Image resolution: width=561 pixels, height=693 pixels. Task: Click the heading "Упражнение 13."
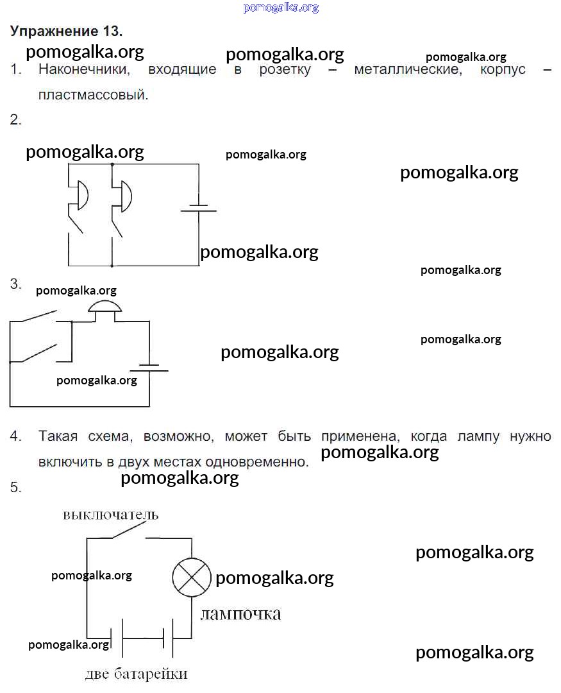(66, 31)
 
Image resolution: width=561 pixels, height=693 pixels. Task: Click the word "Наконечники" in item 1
(84, 69)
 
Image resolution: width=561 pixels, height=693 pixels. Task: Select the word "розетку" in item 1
(285, 70)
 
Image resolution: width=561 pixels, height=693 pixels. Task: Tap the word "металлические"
(408, 69)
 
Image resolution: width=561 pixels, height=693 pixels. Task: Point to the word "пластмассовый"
(93, 94)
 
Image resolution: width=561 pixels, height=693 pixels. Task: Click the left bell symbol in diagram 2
(82, 194)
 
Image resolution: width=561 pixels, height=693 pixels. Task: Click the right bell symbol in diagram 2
(126, 196)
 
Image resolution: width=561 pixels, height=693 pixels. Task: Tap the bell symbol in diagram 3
(105, 307)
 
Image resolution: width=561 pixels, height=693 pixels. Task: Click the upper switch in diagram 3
(39, 316)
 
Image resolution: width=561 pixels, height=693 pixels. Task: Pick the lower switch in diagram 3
(39, 354)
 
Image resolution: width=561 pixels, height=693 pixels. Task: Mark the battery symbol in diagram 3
(149, 368)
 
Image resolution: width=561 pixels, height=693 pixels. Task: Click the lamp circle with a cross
(191, 577)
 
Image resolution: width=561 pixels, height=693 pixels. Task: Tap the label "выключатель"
(110, 515)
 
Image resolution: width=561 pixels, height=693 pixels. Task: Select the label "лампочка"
(240, 614)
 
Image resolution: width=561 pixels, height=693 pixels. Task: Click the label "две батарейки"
(136, 674)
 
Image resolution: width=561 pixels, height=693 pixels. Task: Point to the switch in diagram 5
(129, 531)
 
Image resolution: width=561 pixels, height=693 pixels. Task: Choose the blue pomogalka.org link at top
(281, 8)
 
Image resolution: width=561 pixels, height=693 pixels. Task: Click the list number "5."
(15, 487)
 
